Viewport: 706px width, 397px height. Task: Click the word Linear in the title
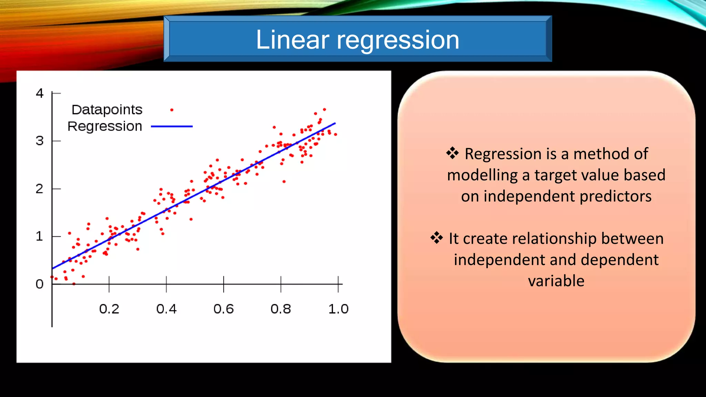pos(292,40)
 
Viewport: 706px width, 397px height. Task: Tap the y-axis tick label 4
pos(40,93)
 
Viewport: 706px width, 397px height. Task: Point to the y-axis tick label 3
pos(40,141)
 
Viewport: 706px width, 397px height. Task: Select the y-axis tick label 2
pos(40,189)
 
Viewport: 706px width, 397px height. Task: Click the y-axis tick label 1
pos(40,236)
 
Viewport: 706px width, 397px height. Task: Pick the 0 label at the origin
pos(40,284)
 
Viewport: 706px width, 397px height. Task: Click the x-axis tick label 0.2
pos(109,309)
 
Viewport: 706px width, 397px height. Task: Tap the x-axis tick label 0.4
pos(166,309)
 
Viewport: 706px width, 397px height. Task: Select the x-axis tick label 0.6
pos(223,309)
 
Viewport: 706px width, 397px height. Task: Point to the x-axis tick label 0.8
pos(281,309)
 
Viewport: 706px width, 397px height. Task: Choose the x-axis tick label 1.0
pos(338,309)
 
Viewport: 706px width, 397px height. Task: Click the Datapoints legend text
pos(107,110)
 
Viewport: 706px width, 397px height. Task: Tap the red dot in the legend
pos(172,110)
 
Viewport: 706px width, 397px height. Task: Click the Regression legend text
pos(105,126)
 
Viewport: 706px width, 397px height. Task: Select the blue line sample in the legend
pos(172,126)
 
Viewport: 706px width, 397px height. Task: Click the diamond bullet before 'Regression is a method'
pos(452,153)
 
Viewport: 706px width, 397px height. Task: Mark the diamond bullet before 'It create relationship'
pos(436,237)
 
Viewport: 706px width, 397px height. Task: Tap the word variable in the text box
pos(556,281)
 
